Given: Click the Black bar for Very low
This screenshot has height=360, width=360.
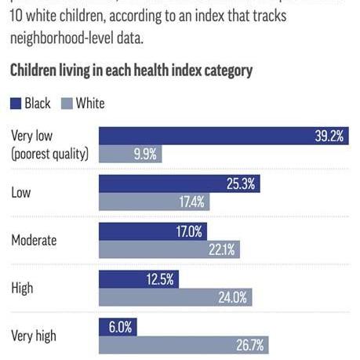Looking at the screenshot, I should tap(224, 136).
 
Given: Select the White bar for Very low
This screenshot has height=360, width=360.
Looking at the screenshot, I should tap(130, 154).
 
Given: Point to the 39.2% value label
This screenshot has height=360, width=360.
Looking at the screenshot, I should tap(329, 136).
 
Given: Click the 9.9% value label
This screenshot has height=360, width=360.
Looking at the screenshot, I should tap(145, 154).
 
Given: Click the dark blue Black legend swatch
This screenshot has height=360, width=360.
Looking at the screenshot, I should tap(16, 104).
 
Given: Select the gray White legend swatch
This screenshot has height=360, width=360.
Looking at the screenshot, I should tap(67, 104).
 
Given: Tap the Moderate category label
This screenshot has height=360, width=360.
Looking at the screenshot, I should tap(33, 240).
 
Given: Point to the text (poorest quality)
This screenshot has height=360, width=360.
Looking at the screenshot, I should tap(49, 154).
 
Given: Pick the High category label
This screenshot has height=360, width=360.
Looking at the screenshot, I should tap(22, 288).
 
